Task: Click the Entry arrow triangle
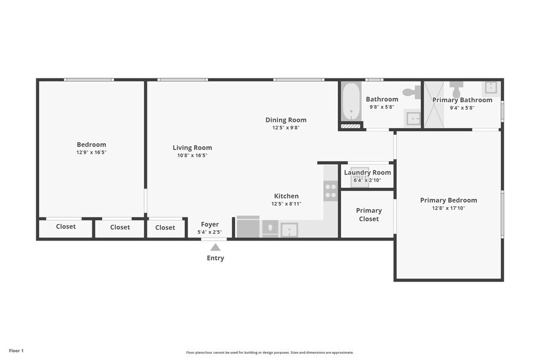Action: pyautogui.click(x=215, y=247)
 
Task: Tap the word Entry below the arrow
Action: pyautogui.click(x=216, y=258)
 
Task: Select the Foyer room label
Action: pyautogui.click(x=210, y=225)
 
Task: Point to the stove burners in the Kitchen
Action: pyautogui.click(x=331, y=191)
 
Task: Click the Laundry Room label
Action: pyautogui.click(x=367, y=173)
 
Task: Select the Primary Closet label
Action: pyautogui.click(x=369, y=215)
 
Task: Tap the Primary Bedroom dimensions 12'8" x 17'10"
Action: pyautogui.click(x=448, y=208)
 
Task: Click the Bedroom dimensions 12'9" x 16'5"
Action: pyautogui.click(x=91, y=152)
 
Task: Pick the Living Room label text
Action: pyautogui.click(x=192, y=148)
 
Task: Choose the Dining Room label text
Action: pyautogui.click(x=286, y=120)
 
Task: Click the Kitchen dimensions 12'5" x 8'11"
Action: pyautogui.click(x=286, y=204)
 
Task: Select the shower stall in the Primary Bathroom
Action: pyautogui.click(x=437, y=113)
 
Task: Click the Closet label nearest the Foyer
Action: pyautogui.click(x=165, y=228)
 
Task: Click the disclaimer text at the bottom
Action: pyautogui.click(x=270, y=353)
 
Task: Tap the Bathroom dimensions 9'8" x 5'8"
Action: pyautogui.click(x=382, y=107)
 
